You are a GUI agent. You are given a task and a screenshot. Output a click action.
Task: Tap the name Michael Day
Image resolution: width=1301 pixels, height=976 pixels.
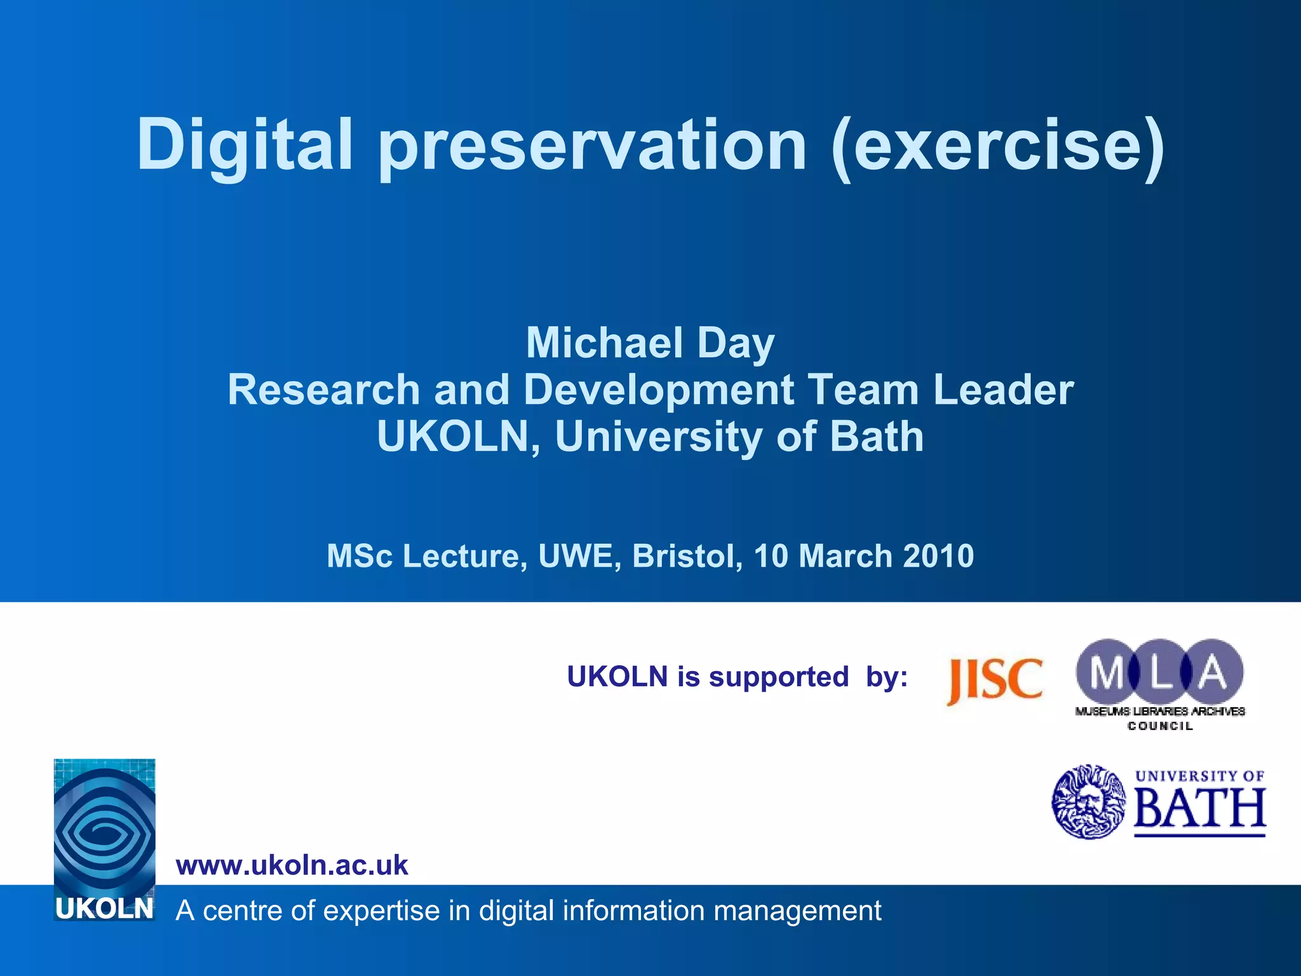pos(650,343)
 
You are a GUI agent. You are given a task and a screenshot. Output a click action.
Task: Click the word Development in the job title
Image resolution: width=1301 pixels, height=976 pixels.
pos(658,390)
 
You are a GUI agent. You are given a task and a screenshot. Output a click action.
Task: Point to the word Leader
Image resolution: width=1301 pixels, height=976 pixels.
pos(1003,390)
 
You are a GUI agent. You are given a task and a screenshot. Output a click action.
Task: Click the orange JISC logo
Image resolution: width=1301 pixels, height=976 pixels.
pos(995,680)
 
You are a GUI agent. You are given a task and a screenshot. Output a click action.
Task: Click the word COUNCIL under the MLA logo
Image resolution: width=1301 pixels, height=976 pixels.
pos(1160,726)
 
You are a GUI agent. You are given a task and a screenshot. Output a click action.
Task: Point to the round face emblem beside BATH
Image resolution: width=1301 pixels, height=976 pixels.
pos(1088,802)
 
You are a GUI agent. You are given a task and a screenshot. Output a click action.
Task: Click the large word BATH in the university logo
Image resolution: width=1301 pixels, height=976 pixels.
pos(1199,808)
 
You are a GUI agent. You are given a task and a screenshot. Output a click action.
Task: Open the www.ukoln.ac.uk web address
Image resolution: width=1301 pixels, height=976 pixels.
pos(292,865)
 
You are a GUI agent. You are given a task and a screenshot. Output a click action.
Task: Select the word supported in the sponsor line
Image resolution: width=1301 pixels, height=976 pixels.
pos(778,677)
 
